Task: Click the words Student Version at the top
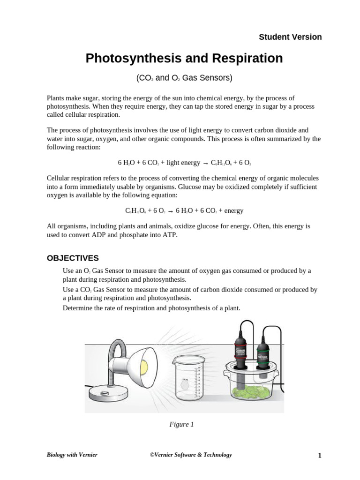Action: coord(290,37)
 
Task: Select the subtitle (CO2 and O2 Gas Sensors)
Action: coord(184,78)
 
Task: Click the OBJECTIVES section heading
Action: coord(73,258)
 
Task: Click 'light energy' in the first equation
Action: coord(183,163)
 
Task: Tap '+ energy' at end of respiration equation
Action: coord(230,210)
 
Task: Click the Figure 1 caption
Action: coord(181,424)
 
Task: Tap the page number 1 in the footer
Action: coord(319,455)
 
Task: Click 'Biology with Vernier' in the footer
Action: coord(72,455)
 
